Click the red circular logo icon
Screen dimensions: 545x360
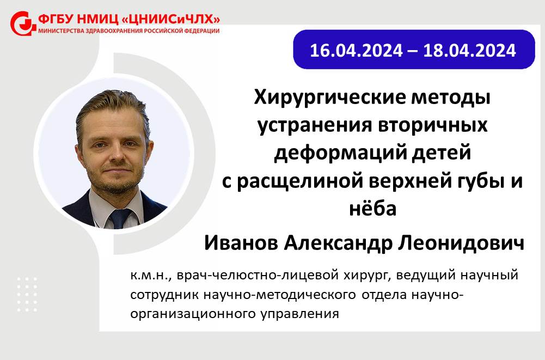(x=22, y=23)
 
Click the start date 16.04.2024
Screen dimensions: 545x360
(x=356, y=51)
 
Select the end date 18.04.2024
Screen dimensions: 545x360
(x=469, y=51)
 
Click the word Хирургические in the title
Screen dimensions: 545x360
(x=329, y=98)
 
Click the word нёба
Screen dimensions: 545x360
(x=372, y=209)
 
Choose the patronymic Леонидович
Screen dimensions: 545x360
(x=461, y=243)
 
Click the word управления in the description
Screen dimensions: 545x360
(x=299, y=314)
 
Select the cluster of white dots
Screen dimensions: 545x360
(x=27, y=294)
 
